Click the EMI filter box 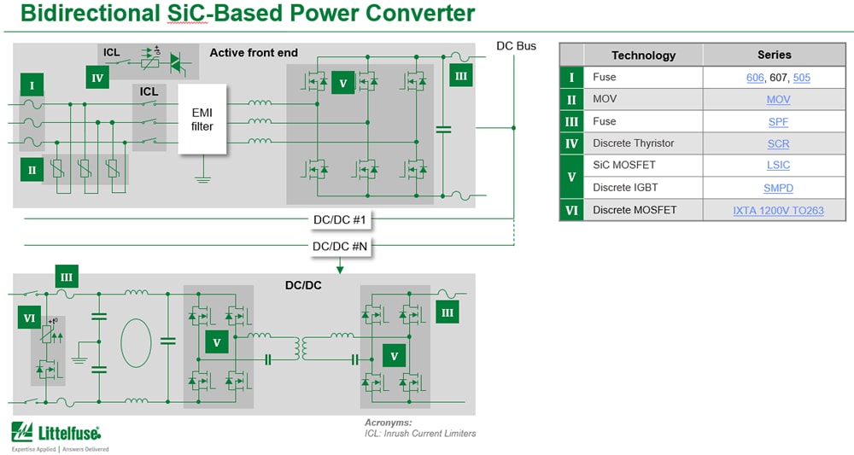[202, 119]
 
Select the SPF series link [778, 122]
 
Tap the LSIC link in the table [778, 166]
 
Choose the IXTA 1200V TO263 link [778, 210]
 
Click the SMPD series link [778, 188]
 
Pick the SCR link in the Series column [778, 143]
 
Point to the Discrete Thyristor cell [633, 143]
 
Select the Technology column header [643, 55]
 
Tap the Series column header [774, 55]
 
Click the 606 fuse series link [755, 78]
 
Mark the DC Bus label [516, 45]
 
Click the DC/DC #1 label [339, 220]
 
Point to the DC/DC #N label [339, 247]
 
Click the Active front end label [254, 53]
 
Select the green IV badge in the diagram [98, 79]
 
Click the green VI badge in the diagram [30, 318]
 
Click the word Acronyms [388, 423]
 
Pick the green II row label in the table [571, 99]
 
